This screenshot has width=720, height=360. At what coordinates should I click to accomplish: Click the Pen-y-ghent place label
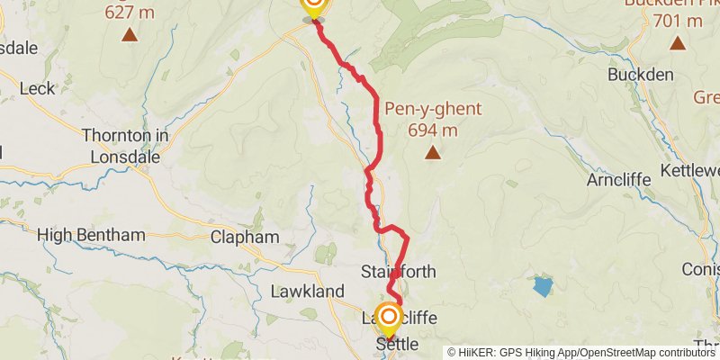pyautogui.click(x=433, y=110)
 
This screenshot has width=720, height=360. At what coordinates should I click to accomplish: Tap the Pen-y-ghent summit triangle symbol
pyautogui.click(x=434, y=153)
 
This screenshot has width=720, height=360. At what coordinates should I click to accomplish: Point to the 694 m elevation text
pyautogui.click(x=433, y=130)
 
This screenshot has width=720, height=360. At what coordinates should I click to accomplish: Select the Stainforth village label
pyautogui.click(x=398, y=271)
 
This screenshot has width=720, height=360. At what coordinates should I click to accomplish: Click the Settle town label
pyautogui.click(x=397, y=343)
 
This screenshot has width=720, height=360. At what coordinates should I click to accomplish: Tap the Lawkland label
pyautogui.click(x=308, y=292)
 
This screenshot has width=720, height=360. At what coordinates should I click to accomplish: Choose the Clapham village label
pyautogui.click(x=244, y=238)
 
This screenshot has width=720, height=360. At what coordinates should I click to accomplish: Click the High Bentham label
pyautogui.click(x=91, y=235)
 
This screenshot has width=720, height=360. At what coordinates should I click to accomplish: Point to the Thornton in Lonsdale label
pyautogui.click(x=125, y=146)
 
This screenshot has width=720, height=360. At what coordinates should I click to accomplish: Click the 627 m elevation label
pyautogui.click(x=130, y=13)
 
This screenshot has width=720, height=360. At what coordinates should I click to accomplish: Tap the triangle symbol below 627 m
pyautogui.click(x=130, y=35)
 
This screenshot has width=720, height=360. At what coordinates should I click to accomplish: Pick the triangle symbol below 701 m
pyautogui.click(x=678, y=43)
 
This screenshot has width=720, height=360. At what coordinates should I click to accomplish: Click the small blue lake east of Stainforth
pyautogui.click(x=542, y=287)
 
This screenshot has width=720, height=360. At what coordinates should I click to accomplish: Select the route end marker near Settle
pyautogui.click(x=389, y=318)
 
